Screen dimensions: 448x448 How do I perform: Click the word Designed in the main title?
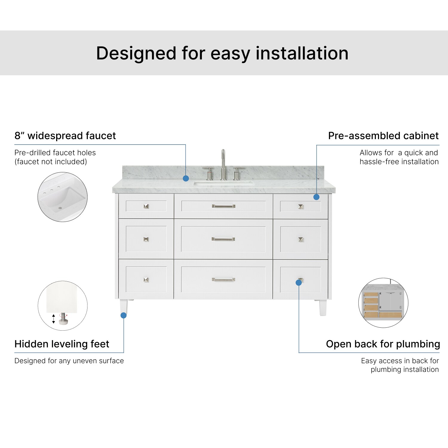[136, 54]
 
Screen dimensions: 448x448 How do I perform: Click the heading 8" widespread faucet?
[65, 136]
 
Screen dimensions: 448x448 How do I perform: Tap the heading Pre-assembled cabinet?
[383, 136]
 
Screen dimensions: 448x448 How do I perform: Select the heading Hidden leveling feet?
[62, 344]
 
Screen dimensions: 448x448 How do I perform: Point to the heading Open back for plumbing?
[383, 344]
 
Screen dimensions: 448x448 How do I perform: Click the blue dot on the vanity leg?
[124, 315]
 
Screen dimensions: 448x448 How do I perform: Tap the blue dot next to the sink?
[186, 178]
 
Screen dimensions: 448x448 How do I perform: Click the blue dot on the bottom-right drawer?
[299, 283]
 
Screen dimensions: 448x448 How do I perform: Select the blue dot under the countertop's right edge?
[317, 197]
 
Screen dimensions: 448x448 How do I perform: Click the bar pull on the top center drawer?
[223, 206]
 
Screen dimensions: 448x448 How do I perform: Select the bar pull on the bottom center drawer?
[223, 280]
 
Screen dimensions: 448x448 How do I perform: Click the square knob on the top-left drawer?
[146, 206]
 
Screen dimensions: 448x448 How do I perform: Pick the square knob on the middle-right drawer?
[301, 239]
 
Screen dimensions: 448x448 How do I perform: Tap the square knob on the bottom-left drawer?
[146, 280]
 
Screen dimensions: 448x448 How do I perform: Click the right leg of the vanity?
[323, 307]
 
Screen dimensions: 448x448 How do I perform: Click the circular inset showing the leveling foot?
[63, 306]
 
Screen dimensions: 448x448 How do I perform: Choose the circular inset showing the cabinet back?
[383, 303]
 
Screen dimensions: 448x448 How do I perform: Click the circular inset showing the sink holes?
[62, 197]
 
